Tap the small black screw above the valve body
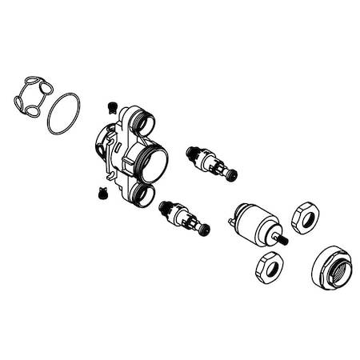(113, 106)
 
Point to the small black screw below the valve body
(102, 192)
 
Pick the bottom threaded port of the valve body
(144, 194)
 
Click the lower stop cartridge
(184, 218)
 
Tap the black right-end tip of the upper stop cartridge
(232, 175)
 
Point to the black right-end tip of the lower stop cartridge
(206, 231)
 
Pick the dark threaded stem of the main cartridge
(282, 238)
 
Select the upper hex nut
(305, 217)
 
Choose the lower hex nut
(269, 266)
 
